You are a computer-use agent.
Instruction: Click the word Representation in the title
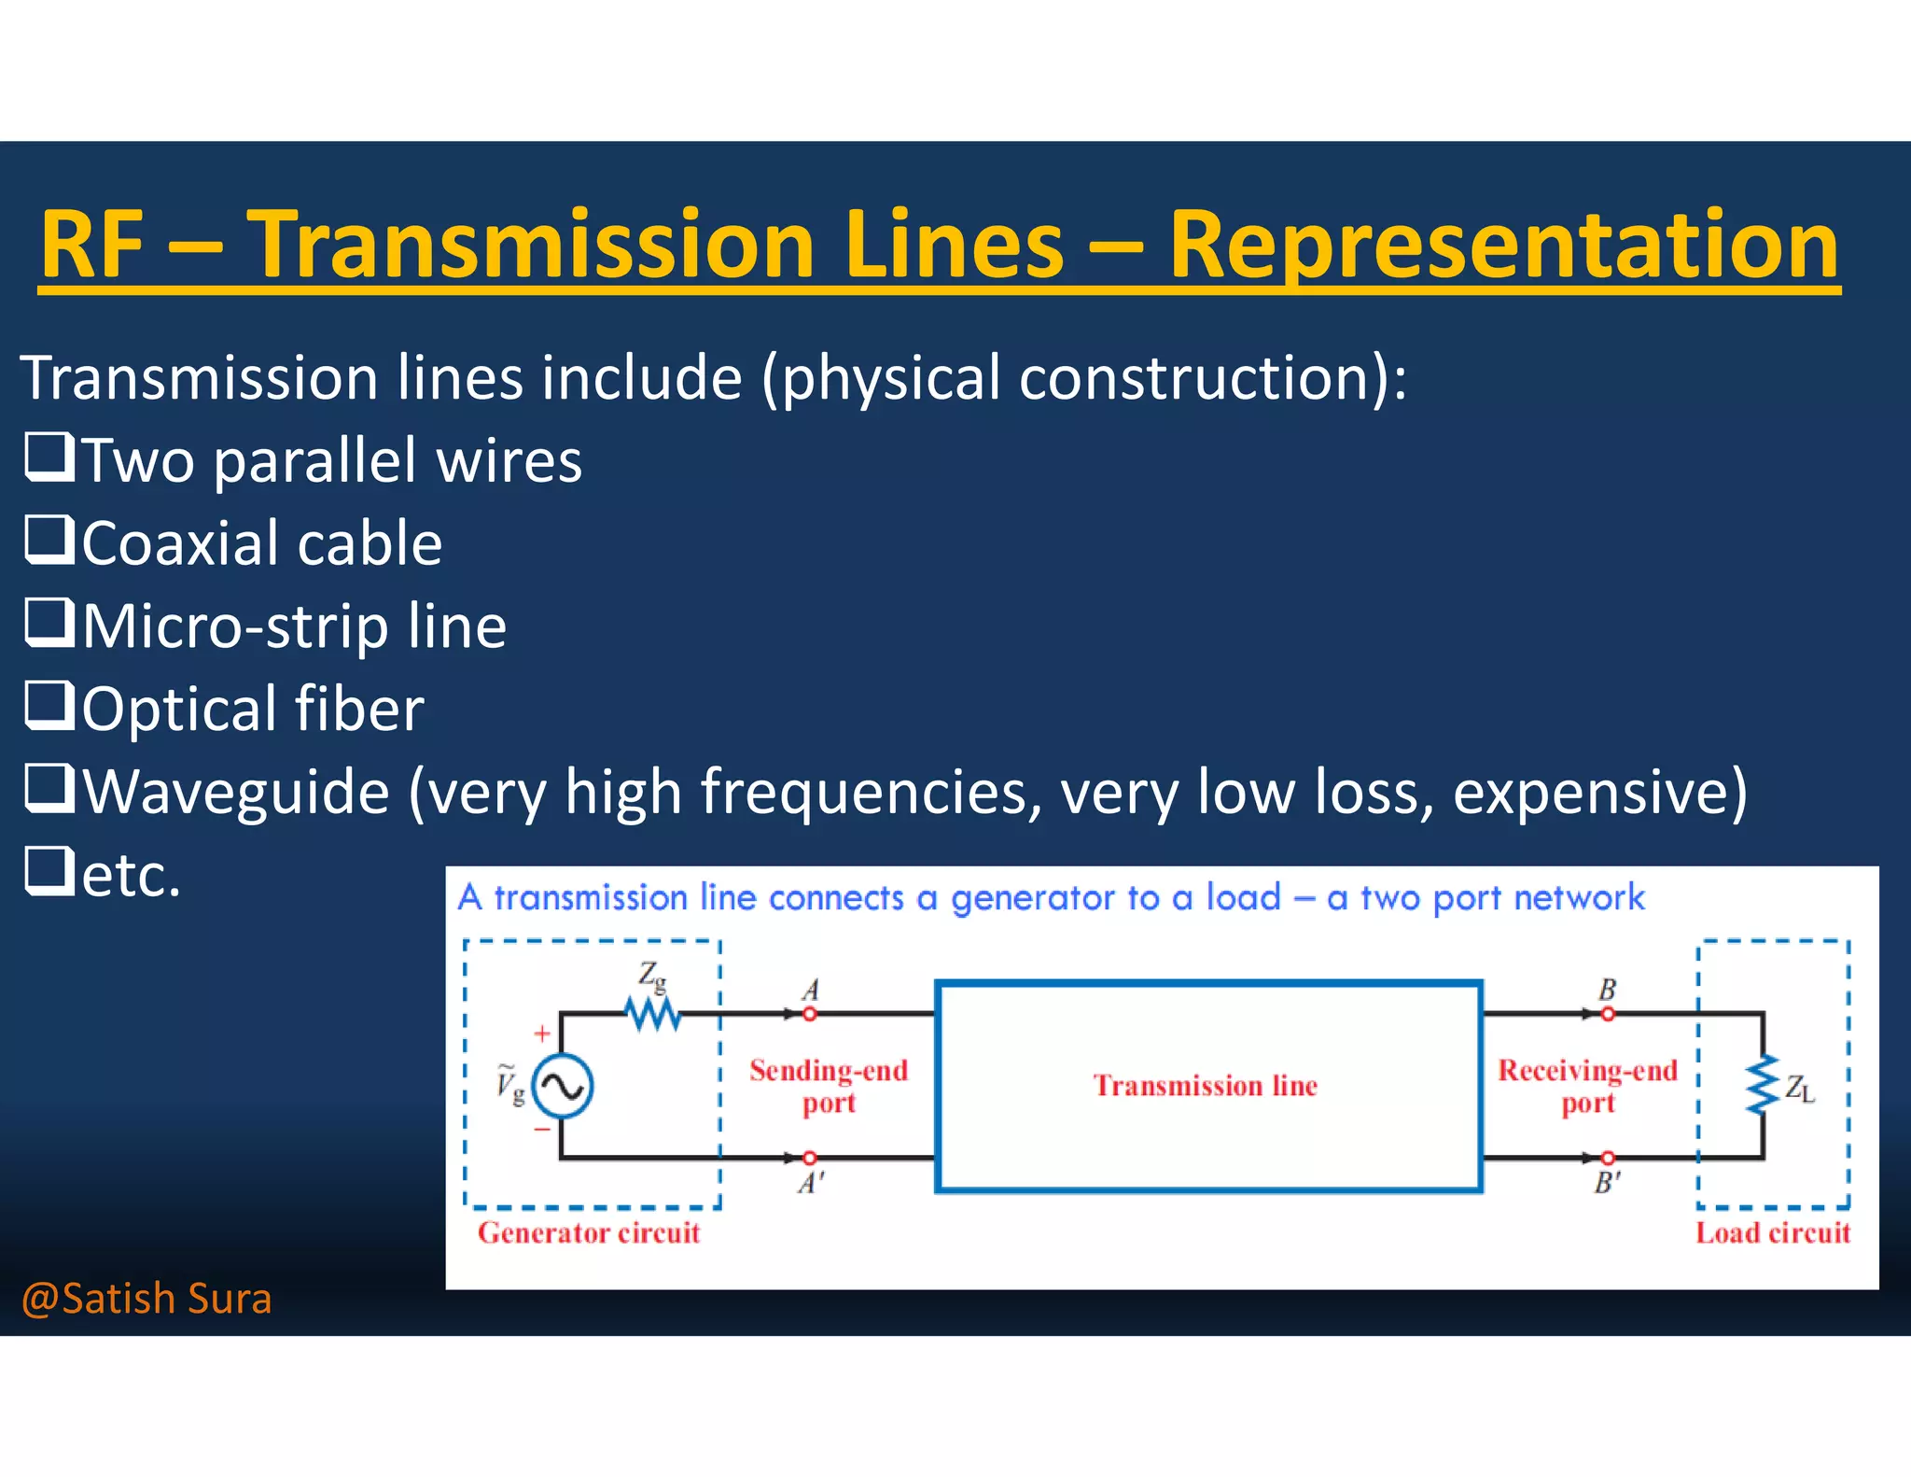pos(1502,245)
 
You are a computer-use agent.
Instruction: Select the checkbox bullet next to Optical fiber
pos(49,705)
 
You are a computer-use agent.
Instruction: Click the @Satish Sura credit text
pos(146,1299)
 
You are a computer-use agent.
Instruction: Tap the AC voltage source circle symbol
pos(563,1086)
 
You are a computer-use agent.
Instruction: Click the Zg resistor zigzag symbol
pos(653,1014)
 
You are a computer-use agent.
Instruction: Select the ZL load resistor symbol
pos(1763,1086)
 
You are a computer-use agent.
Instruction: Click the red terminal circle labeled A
pos(809,1014)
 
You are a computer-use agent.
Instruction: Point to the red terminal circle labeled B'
pos(1607,1159)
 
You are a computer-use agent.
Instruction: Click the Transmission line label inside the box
pos(1206,1086)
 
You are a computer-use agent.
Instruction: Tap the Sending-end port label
pos(829,1086)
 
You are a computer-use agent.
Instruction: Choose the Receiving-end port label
pos(1587,1086)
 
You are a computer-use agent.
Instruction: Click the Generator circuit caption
pos(589,1233)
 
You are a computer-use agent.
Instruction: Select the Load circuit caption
pos(1772,1233)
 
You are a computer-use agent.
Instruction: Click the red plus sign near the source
pos(542,1034)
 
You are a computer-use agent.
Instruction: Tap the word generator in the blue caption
pos(1032,898)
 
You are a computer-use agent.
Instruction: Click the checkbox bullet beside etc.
pos(49,870)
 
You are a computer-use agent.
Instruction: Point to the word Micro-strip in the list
pos(234,626)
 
